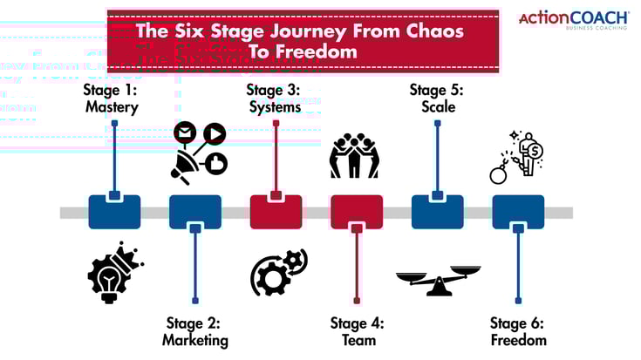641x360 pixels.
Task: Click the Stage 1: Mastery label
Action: tap(113, 98)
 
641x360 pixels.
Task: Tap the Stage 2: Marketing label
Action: tap(194, 331)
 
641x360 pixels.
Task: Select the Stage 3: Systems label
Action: tap(274, 98)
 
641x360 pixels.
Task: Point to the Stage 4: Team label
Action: tap(356, 331)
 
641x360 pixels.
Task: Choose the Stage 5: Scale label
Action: tap(437, 98)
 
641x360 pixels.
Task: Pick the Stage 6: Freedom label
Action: tap(518, 331)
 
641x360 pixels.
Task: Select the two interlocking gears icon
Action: tap(278, 272)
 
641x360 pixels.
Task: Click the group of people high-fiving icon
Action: tap(356, 155)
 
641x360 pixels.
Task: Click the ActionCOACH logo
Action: tap(573, 20)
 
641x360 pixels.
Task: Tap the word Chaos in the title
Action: tap(433, 31)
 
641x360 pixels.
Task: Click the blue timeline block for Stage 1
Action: tap(114, 212)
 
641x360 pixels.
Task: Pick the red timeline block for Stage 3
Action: tap(276, 212)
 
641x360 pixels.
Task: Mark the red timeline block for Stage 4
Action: tap(357, 212)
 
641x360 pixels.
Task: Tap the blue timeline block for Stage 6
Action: tap(518, 212)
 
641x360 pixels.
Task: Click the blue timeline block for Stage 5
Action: tap(437, 212)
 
